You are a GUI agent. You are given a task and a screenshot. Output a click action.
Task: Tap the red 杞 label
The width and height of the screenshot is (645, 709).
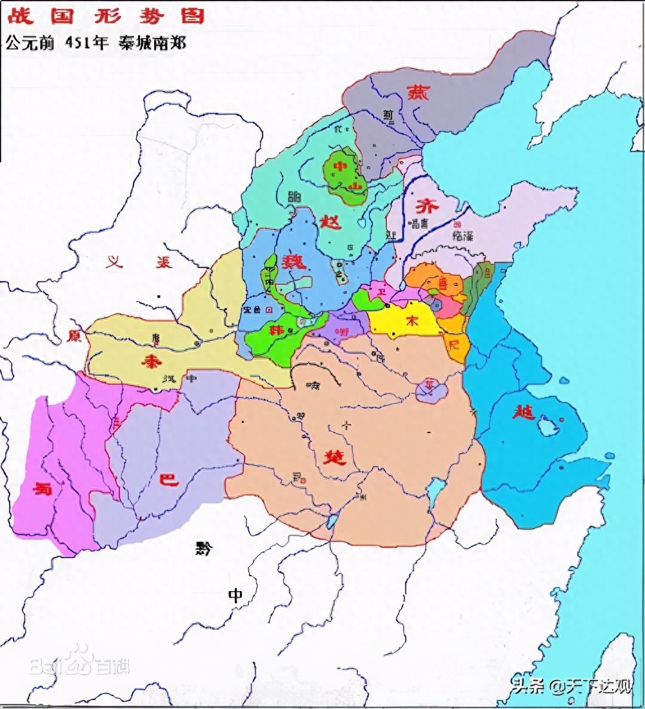(x=454, y=344)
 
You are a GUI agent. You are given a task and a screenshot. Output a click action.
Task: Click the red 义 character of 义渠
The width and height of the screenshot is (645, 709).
(x=115, y=262)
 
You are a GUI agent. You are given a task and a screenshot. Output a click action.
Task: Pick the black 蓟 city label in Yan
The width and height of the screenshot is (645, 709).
(x=388, y=115)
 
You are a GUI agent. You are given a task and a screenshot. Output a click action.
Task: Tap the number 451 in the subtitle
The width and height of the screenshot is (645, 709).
(x=80, y=43)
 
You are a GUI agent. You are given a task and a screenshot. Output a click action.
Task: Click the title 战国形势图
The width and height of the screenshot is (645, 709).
(x=106, y=15)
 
